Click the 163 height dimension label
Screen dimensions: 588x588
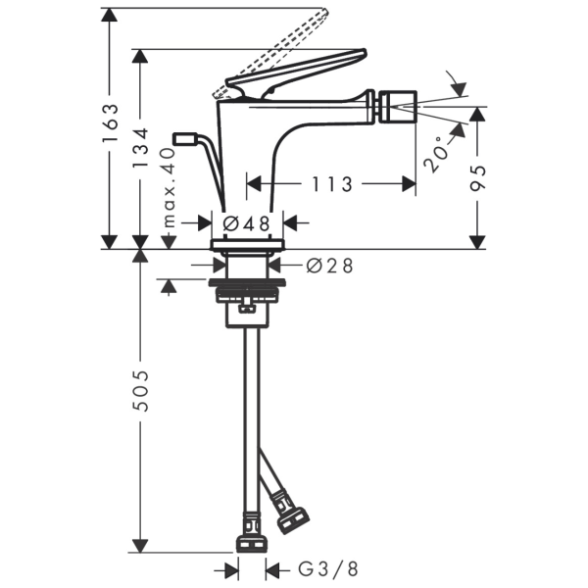tap(110, 122)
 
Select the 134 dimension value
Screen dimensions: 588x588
tap(140, 148)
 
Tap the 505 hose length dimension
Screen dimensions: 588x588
tap(141, 391)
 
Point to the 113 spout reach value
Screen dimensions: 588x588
tap(332, 184)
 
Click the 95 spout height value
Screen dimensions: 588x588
tap(478, 177)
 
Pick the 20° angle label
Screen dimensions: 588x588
tap(437, 154)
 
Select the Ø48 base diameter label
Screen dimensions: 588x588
tap(246, 223)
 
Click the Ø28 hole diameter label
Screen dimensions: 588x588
tap(329, 266)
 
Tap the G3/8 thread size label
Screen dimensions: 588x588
tap(328, 569)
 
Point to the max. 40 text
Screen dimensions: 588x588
tap(170, 187)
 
